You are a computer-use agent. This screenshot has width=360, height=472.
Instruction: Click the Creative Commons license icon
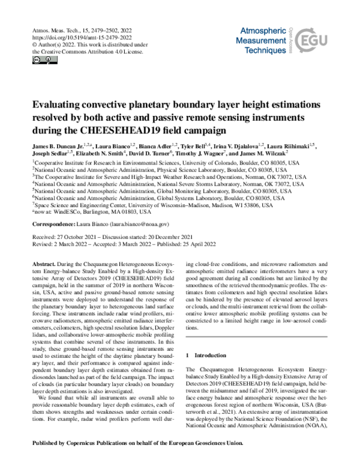[x=40, y=61]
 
